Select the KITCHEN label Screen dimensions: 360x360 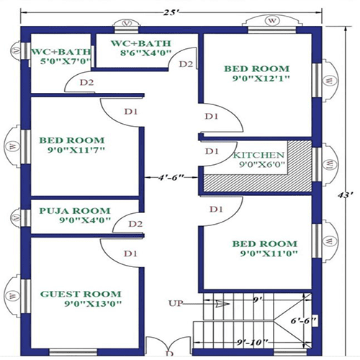pos(258,155)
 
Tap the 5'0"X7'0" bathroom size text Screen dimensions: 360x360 pos(60,63)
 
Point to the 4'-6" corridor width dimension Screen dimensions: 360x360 pos(170,176)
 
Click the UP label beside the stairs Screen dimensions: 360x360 pos(176,302)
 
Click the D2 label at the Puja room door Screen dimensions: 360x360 pos(135,224)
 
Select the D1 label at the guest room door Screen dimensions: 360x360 pos(130,253)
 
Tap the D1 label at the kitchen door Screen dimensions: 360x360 pos(211,151)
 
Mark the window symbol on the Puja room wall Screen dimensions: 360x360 pos(14,217)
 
